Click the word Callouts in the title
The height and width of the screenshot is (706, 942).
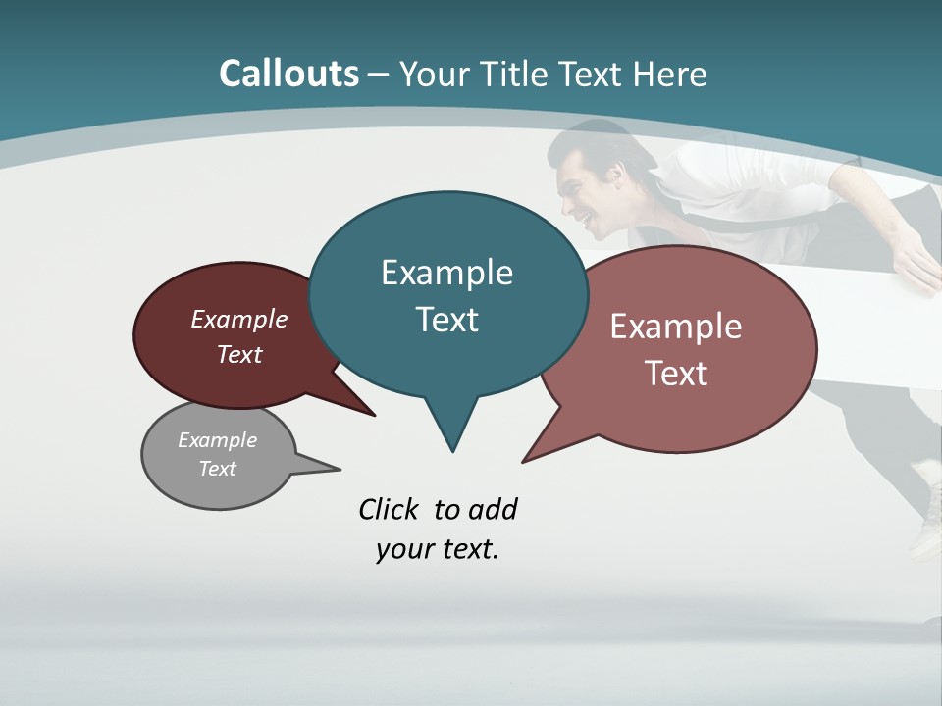[x=288, y=75]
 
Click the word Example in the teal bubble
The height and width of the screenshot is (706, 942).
[x=446, y=273]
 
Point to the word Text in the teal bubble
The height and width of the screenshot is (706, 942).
[x=446, y=320]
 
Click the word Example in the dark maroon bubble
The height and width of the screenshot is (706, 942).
[x=239, y=320]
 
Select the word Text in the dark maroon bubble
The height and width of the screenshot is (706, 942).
[x=239, y=354]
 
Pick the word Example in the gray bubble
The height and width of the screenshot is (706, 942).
[x=218, y=440]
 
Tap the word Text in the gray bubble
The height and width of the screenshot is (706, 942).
[x=218, y=469]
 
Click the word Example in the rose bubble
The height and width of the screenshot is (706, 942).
[x=676, y=327]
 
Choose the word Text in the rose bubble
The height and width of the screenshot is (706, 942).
[x=676, y=374]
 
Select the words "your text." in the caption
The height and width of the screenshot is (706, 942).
[x=438, y=549]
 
